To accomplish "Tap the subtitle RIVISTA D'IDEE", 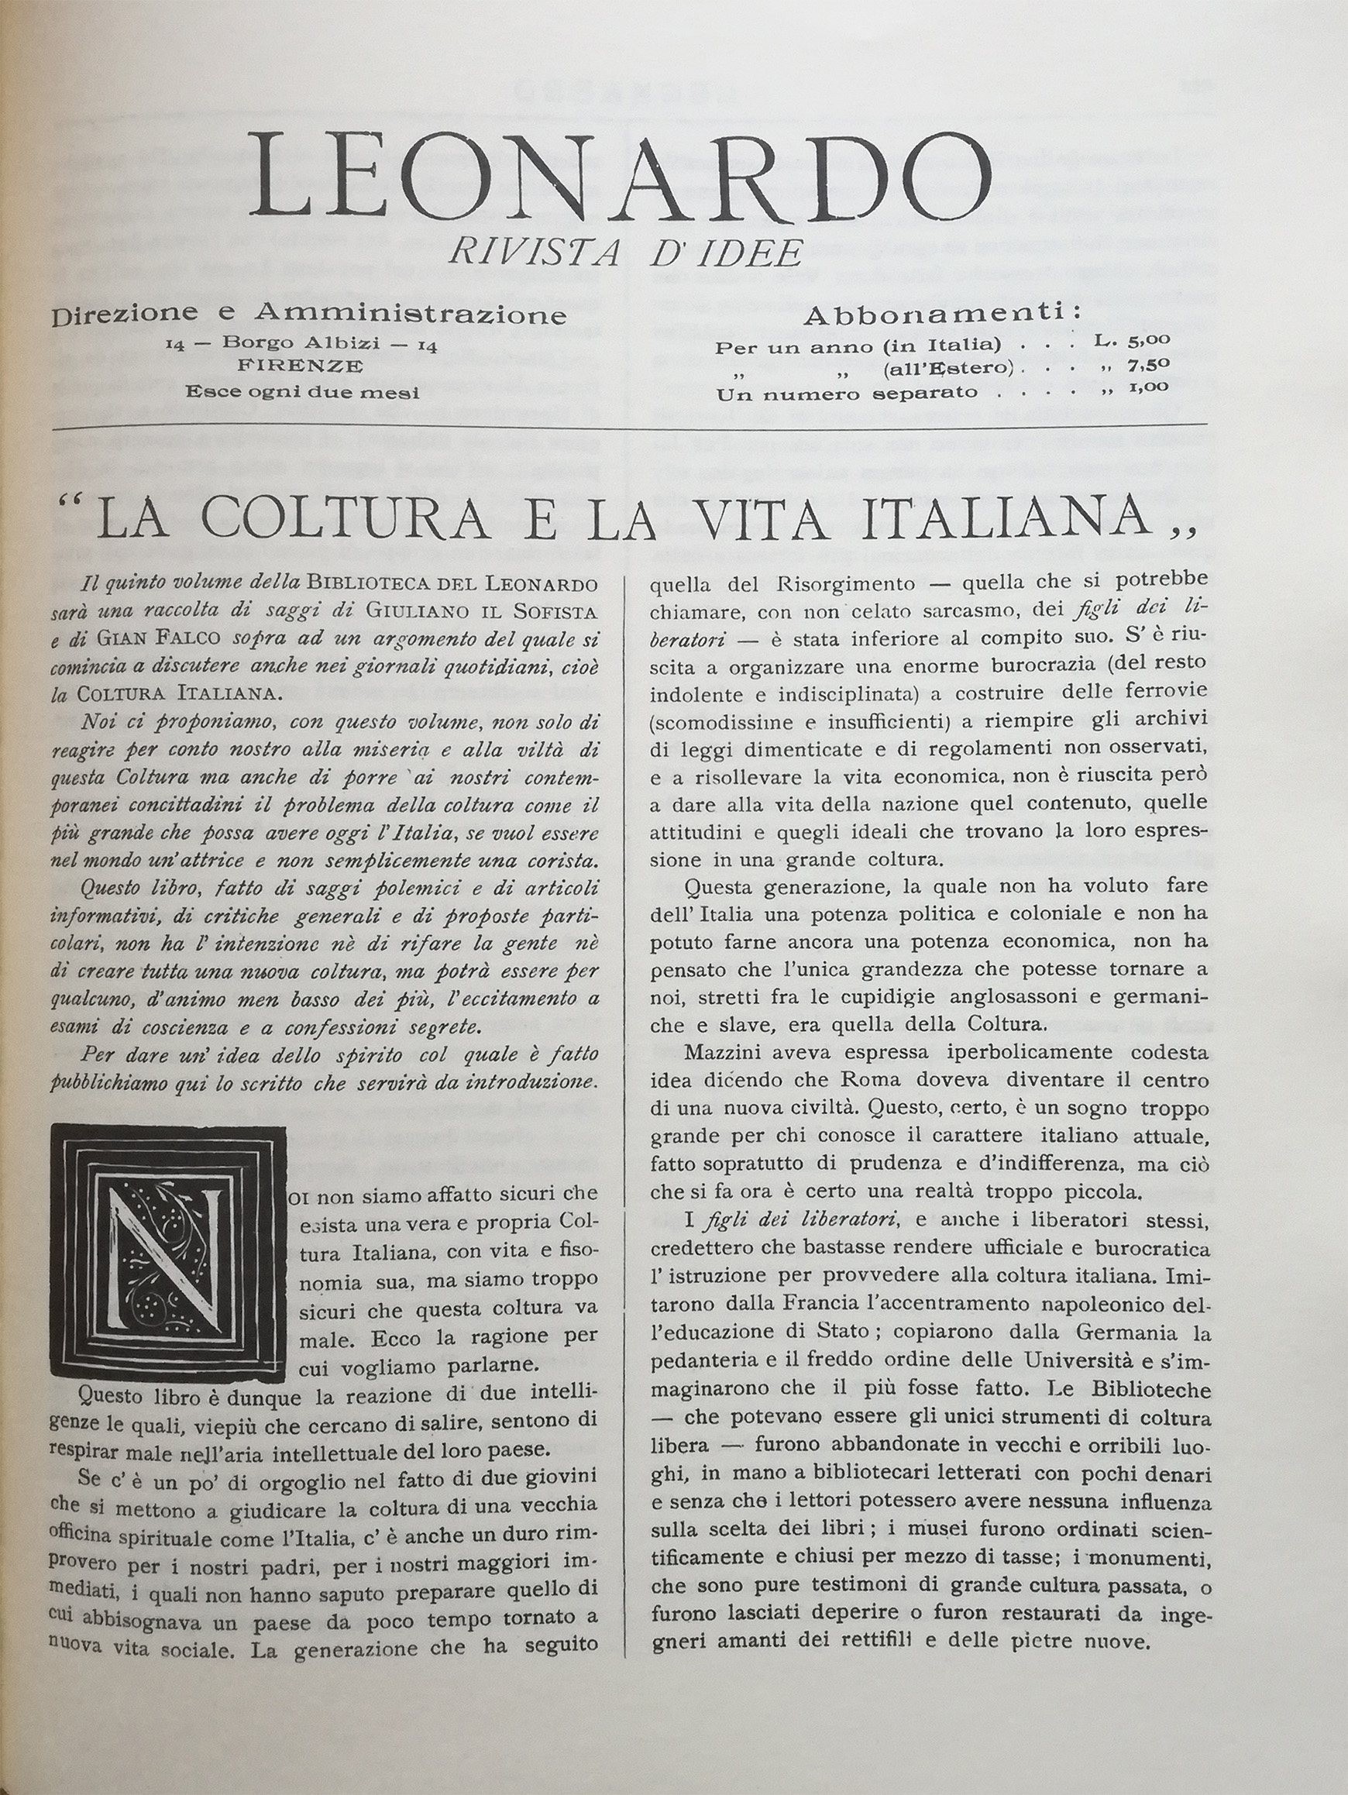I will click(x=626, y=253).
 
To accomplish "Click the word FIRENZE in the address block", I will click(x=301, y=366).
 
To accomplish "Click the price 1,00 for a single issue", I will click(x=1147, y=389).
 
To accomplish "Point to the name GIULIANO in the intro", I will click(x=413, y=612).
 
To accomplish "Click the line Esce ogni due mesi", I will click(x=302, y=393).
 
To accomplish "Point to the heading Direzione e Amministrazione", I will click(x=309, y=314).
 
